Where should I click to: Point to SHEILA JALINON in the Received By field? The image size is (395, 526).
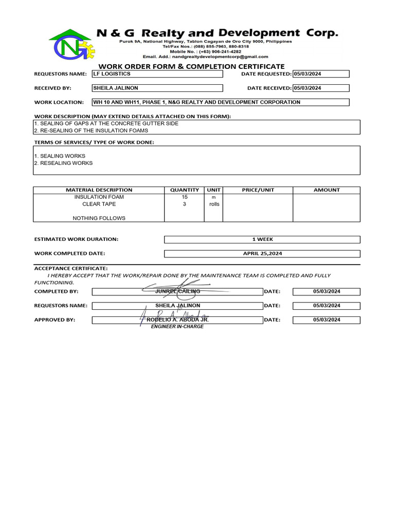(x=115, y=88)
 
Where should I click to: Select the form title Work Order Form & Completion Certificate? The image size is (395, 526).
(x=191, y=66)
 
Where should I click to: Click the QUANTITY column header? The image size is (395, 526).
(x=184, y=190)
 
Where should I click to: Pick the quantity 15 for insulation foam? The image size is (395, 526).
(x=184, y=197)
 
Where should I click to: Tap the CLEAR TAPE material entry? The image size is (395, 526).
(x=99, y=204)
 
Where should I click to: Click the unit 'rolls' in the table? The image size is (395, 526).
(x=213, y=204)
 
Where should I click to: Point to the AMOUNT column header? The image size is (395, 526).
(x=327, y=190)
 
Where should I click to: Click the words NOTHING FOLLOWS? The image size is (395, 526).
(x=99, y=218)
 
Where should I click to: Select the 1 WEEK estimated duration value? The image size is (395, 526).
(x=262, y=239)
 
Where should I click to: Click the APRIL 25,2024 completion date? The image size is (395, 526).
(x=262, y=254)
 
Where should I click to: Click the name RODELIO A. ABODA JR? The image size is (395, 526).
(x=177, y=320)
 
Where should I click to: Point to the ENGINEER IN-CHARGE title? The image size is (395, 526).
(x=177, y=327)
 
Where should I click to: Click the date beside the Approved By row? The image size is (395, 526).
(x=326, y=320)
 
